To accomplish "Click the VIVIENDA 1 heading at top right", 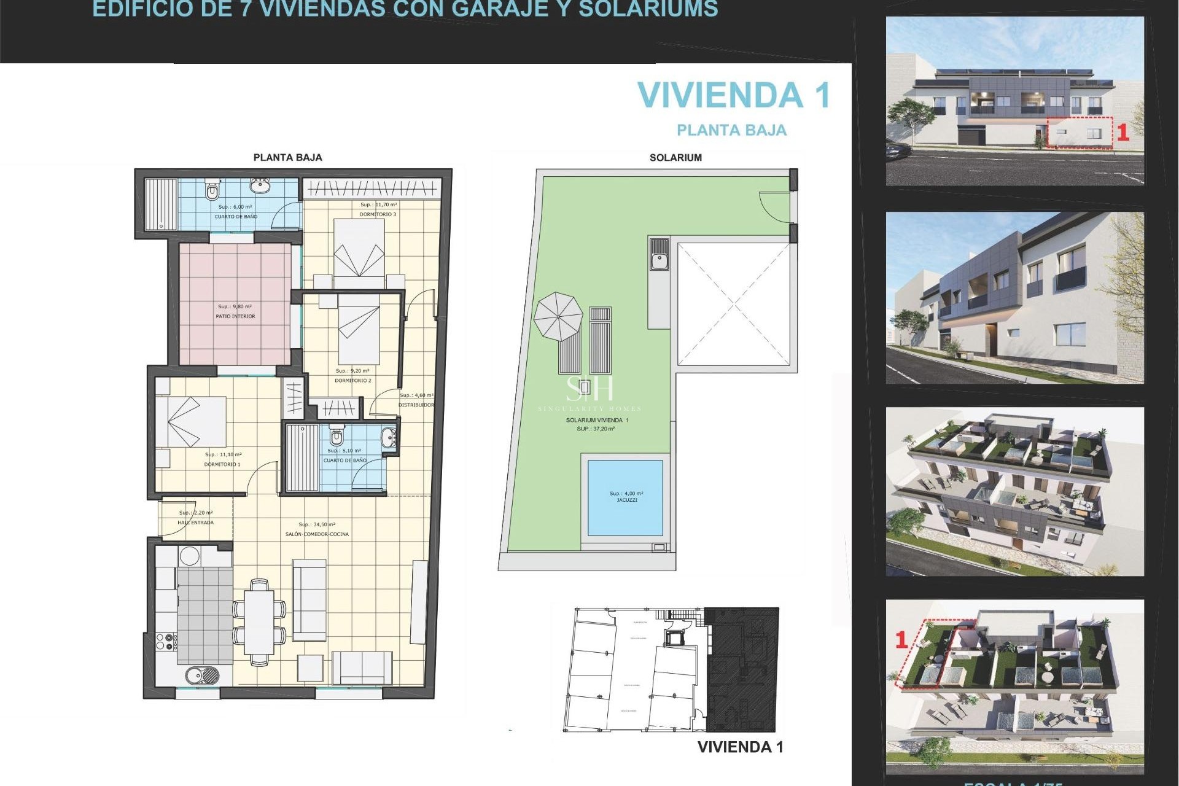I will click(734, 96).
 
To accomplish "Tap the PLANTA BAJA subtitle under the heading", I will click(731, 130).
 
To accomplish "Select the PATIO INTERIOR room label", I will click(235, 316).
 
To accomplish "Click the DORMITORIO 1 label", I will click(222, 464).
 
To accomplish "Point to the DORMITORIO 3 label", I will click(378, 214).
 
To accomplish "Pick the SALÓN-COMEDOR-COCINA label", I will click(317, 534).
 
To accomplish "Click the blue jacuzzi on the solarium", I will click(625, 497).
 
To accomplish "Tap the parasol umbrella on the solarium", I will click(558, 316).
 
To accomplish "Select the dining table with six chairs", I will click(259, 621).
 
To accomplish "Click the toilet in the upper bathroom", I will click(212, 192).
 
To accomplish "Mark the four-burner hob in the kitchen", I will click(166, 642).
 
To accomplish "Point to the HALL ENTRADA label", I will click(195, 523).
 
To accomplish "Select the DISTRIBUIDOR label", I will click(416, 405).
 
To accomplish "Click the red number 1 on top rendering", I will click(1123, 133).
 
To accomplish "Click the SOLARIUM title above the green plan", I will click(675, 158).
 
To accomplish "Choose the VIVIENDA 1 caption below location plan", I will click(740, 747).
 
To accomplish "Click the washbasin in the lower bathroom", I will click(388, 438).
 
